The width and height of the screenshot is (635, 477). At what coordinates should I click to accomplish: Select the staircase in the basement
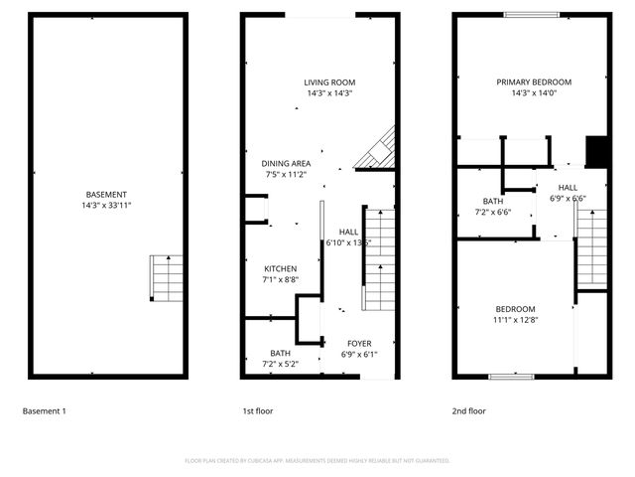(x=168, y=278)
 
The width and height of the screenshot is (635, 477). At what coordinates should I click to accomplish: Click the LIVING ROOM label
(x=329, y=82)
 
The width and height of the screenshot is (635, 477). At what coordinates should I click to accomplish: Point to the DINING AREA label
(x=286, y=164)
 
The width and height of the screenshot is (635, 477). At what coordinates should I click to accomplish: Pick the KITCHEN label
(x=280, y=269)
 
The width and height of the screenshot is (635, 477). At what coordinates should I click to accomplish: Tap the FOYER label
(x=359, y=344)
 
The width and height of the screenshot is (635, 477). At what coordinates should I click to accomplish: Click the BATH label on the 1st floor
(x=280, y=353)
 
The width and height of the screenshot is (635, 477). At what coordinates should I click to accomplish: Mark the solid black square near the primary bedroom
(x=596, y=150)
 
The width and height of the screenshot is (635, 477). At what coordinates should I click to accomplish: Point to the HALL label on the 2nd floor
(x=568, y=187)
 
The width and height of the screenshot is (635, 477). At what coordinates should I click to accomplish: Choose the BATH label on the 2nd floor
(x=492, y=202)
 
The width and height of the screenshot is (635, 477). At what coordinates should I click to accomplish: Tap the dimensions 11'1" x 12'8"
(x=515, y=320)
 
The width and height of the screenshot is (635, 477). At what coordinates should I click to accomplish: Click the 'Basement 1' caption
(x=44, y=410)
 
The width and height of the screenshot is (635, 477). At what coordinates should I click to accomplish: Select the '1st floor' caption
(x=258, y=410)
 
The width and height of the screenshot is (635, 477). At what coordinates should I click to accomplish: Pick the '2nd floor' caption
(x=468, y=410)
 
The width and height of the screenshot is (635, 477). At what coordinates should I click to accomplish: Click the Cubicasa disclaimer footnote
(x=317, y=461)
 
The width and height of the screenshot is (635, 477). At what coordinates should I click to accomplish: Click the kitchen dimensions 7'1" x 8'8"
(x=280, y=280)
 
